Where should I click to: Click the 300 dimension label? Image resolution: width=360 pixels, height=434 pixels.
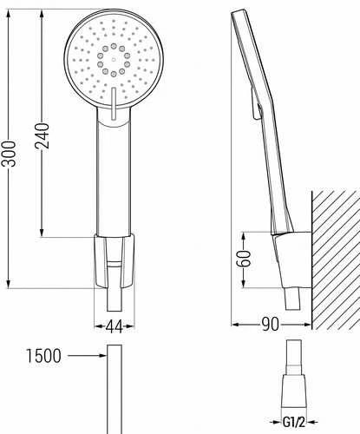click(x=9, y=154)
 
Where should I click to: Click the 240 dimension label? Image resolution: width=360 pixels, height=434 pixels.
click(x=43, y=136)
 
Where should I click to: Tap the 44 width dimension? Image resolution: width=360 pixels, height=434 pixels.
click(x=114, y=326)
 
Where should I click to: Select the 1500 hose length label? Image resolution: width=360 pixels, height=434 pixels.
click(x=44, y=356)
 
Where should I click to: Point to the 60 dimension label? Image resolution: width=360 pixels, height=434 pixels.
click(x=244, y=259)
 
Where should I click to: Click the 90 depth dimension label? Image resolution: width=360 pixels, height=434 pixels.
click(x=271, y=325)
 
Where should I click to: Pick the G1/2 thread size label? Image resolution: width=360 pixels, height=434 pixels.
click(x=294, y=423)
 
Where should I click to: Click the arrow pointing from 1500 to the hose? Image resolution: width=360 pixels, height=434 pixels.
click(x=87, y=355)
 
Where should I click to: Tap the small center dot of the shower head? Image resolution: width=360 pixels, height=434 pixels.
click(x=114, y=60)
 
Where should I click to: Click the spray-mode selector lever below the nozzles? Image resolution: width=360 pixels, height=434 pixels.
click(x=114, y=103)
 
